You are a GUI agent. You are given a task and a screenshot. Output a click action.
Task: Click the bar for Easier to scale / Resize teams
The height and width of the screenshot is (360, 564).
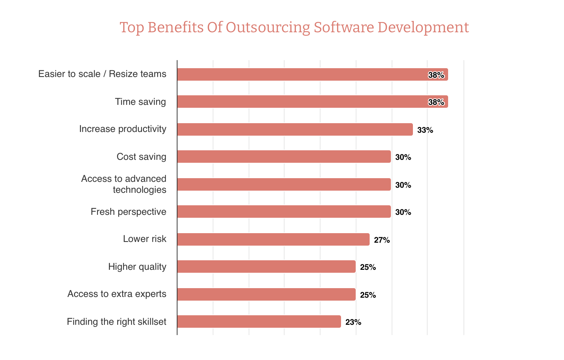pyautogui.click(x=312, y=74)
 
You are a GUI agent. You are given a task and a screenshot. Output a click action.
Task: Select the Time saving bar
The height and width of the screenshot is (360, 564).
pyautogui.click(x=312, y=102)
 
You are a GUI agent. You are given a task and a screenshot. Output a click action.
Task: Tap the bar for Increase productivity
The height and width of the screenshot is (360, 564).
pyautogui.click(x=294, y=129)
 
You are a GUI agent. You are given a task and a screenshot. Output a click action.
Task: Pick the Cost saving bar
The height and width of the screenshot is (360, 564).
pyautogui.click(x=283, y=157)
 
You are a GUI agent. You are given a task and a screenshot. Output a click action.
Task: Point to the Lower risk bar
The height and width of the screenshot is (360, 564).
pyautogui.click(x=273, y=239)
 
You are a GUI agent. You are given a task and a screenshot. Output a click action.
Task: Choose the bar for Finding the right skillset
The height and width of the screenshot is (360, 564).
pyautogui.click(x=259, y=322)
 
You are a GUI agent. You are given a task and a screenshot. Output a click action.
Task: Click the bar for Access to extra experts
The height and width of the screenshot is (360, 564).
pyautogui.click(x=266, y=294)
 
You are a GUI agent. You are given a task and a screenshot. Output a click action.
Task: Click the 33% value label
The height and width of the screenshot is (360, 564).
pyautogui.click(x=425, y=130)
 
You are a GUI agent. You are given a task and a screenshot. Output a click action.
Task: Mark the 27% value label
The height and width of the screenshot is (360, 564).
pyautogui.click(x=382, y=240)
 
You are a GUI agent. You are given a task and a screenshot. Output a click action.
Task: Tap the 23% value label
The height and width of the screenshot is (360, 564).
pyautogui.click(x=353, y=322)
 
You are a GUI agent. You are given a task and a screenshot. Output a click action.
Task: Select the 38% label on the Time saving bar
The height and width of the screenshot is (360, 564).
pyautogui.click(x=436, y=102)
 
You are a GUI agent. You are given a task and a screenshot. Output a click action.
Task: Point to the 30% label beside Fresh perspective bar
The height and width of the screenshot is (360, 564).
pyautogui.click(x=403, y=212)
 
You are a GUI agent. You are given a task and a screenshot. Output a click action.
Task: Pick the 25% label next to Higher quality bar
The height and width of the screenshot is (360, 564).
pyautogui.click(x=368, y=267)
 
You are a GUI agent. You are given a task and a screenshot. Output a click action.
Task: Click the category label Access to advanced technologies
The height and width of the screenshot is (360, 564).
pyautogui.click(x=124, y=184)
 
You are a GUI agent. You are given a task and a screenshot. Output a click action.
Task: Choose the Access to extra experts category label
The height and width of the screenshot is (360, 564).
pyautogui.click(x=117, y=294)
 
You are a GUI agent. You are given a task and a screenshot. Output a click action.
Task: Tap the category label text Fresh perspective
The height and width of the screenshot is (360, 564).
pyautogui.click(x=128, y=212)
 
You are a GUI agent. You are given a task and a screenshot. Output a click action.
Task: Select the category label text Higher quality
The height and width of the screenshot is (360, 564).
pyautogui.click(x=137, y=267)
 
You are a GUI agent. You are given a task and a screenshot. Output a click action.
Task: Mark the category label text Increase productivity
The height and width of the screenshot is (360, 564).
pyautogui.click(x=122, y=129)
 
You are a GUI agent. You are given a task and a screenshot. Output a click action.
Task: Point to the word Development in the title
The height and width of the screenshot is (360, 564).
pyautogui.click(x=423, y=28)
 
